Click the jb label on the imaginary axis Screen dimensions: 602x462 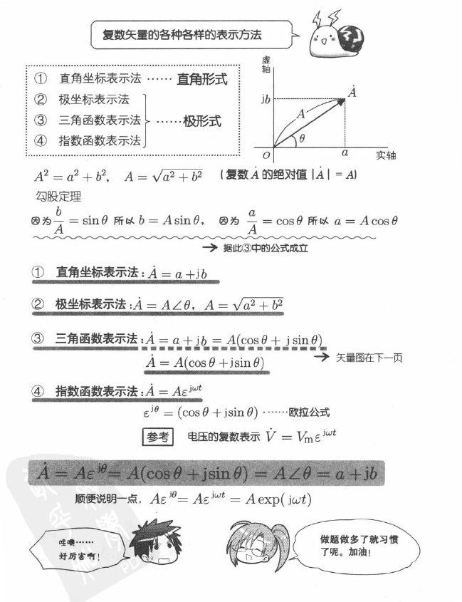(265, 99)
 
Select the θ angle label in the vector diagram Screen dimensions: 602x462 (302, 139)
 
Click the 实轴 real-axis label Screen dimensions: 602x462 (385, 155)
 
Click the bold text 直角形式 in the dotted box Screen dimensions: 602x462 (202, 80)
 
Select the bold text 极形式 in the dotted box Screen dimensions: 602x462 (202, 121)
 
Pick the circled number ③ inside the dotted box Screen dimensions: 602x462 (41, 120)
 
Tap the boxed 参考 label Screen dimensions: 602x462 (157, 437)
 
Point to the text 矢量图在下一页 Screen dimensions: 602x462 (369, 357)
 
